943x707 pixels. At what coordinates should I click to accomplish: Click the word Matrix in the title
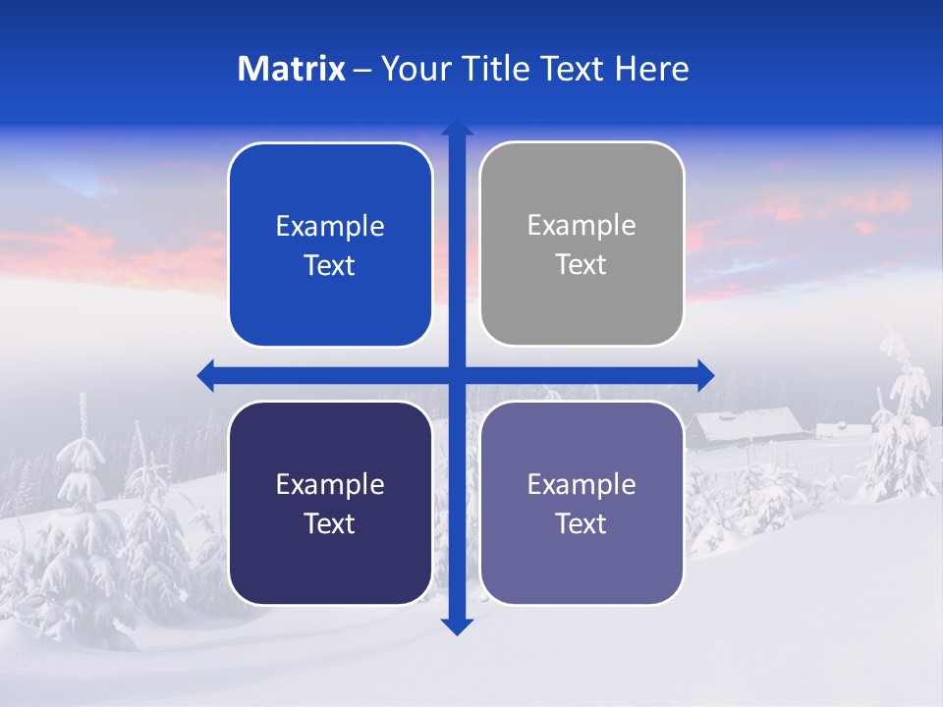(x=291, y=69)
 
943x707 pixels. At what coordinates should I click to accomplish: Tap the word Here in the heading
(x=651, y=69)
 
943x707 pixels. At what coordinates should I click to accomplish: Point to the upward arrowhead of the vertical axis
(x=457, y=129)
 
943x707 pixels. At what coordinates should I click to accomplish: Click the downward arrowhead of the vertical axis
(x=457, y=625)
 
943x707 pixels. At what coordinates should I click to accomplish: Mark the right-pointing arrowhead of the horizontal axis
(x=704, y=375)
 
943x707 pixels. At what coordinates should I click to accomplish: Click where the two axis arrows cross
(x=457, y=375)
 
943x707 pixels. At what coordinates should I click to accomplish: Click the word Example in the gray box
(x=582, y=226)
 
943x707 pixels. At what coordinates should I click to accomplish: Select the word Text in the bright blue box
(x=330, y=266)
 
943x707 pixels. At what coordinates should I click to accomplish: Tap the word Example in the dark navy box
(x=330, y=484)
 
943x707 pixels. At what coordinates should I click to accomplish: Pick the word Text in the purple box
(x=582, y=524)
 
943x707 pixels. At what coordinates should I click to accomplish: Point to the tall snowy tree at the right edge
(x=901, y=412)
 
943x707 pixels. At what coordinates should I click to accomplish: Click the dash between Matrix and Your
(x=362, y=70)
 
